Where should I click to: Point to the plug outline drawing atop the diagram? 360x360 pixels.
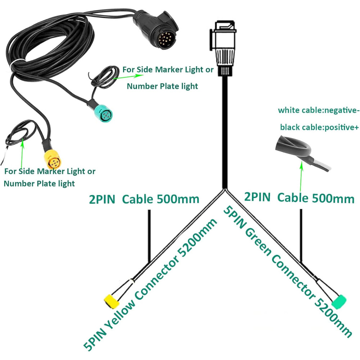[x=222, y=48]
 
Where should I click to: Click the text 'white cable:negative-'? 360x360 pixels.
[x=319, y=110]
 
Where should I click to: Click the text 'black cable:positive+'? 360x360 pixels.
[x=319, y=127]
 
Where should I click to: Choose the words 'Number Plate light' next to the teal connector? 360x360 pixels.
[x=162, y=86]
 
